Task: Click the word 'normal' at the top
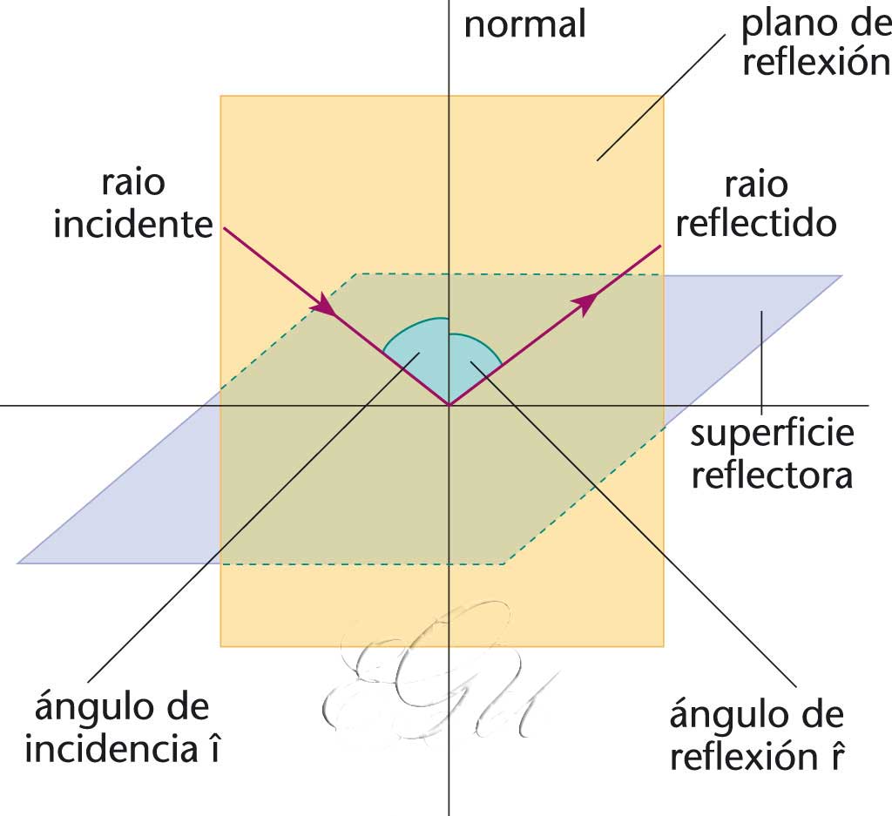524,24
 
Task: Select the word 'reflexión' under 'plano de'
814,64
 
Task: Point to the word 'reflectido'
755,224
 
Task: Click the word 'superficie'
772,435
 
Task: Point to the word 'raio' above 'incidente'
132,184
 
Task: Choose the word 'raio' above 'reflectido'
755,185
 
